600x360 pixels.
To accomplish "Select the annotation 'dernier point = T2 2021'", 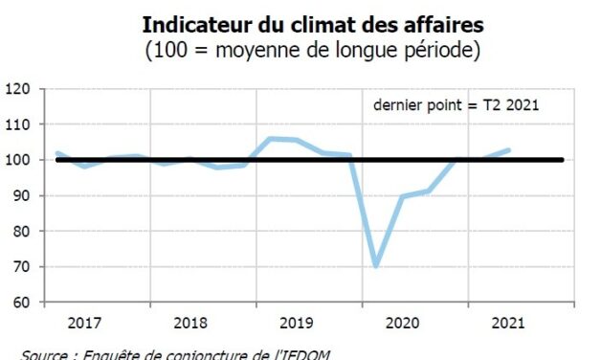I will coord(456,105).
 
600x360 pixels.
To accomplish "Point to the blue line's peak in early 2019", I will coord(270,139).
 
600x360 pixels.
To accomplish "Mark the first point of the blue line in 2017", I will coord(57,153).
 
